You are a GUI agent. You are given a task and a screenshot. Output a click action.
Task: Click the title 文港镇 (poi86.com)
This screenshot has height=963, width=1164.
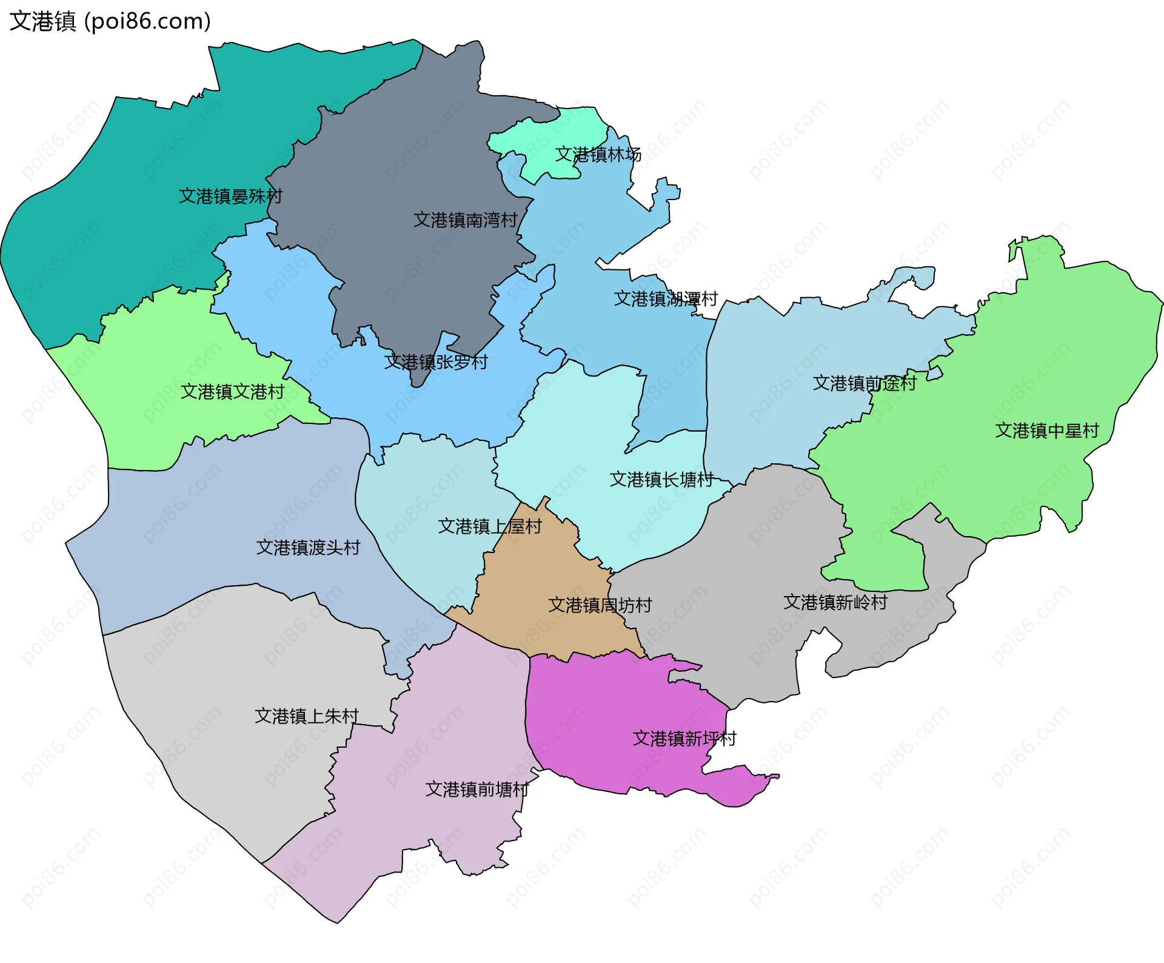(x=110, y=21)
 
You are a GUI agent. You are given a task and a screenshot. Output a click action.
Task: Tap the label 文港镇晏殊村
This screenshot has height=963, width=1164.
(x=230, y=196)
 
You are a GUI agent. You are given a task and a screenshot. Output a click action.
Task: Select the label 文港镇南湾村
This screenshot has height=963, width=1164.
(x=465, y=220)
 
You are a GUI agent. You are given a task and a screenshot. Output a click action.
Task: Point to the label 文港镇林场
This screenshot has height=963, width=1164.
(x=598, y=155)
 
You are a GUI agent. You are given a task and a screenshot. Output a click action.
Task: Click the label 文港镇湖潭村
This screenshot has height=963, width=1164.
(x=666, y=299)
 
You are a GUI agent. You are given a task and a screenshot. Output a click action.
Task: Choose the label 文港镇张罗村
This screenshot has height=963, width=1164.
(x=436, y=363)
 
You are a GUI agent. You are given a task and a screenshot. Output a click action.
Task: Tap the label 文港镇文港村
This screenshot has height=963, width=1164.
(x=232, y=392)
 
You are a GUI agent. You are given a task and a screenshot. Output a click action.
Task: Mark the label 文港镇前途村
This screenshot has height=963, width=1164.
(x=864, y=383)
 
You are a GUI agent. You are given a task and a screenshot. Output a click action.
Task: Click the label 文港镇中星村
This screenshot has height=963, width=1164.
(x=1046, y=431)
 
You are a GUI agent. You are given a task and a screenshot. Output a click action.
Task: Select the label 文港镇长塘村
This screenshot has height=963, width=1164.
(x=661, y=480)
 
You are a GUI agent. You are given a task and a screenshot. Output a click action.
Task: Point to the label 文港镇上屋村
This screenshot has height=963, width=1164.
(x=490, y=526)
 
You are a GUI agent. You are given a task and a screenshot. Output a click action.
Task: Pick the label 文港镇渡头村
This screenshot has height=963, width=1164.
(x=308, y=548)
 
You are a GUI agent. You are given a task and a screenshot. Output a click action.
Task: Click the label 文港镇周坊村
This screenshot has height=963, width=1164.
(x=600, y=605)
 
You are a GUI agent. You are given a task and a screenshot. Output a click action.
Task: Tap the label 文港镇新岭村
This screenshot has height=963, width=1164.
(x=835, y=603)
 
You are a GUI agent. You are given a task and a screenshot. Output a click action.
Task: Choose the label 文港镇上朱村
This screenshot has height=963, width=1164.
(x=307, y=717)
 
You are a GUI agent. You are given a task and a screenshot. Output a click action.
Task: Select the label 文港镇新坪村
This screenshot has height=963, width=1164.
(x=684, y=739)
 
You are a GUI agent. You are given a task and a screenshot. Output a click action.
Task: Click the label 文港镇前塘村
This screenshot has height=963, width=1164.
(x=477, y=790)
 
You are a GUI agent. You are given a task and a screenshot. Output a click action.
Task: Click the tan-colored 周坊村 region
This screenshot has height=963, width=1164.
(x=533, y=576)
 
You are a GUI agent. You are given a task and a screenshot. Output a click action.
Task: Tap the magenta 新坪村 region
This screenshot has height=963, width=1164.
(x=594, y=716)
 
